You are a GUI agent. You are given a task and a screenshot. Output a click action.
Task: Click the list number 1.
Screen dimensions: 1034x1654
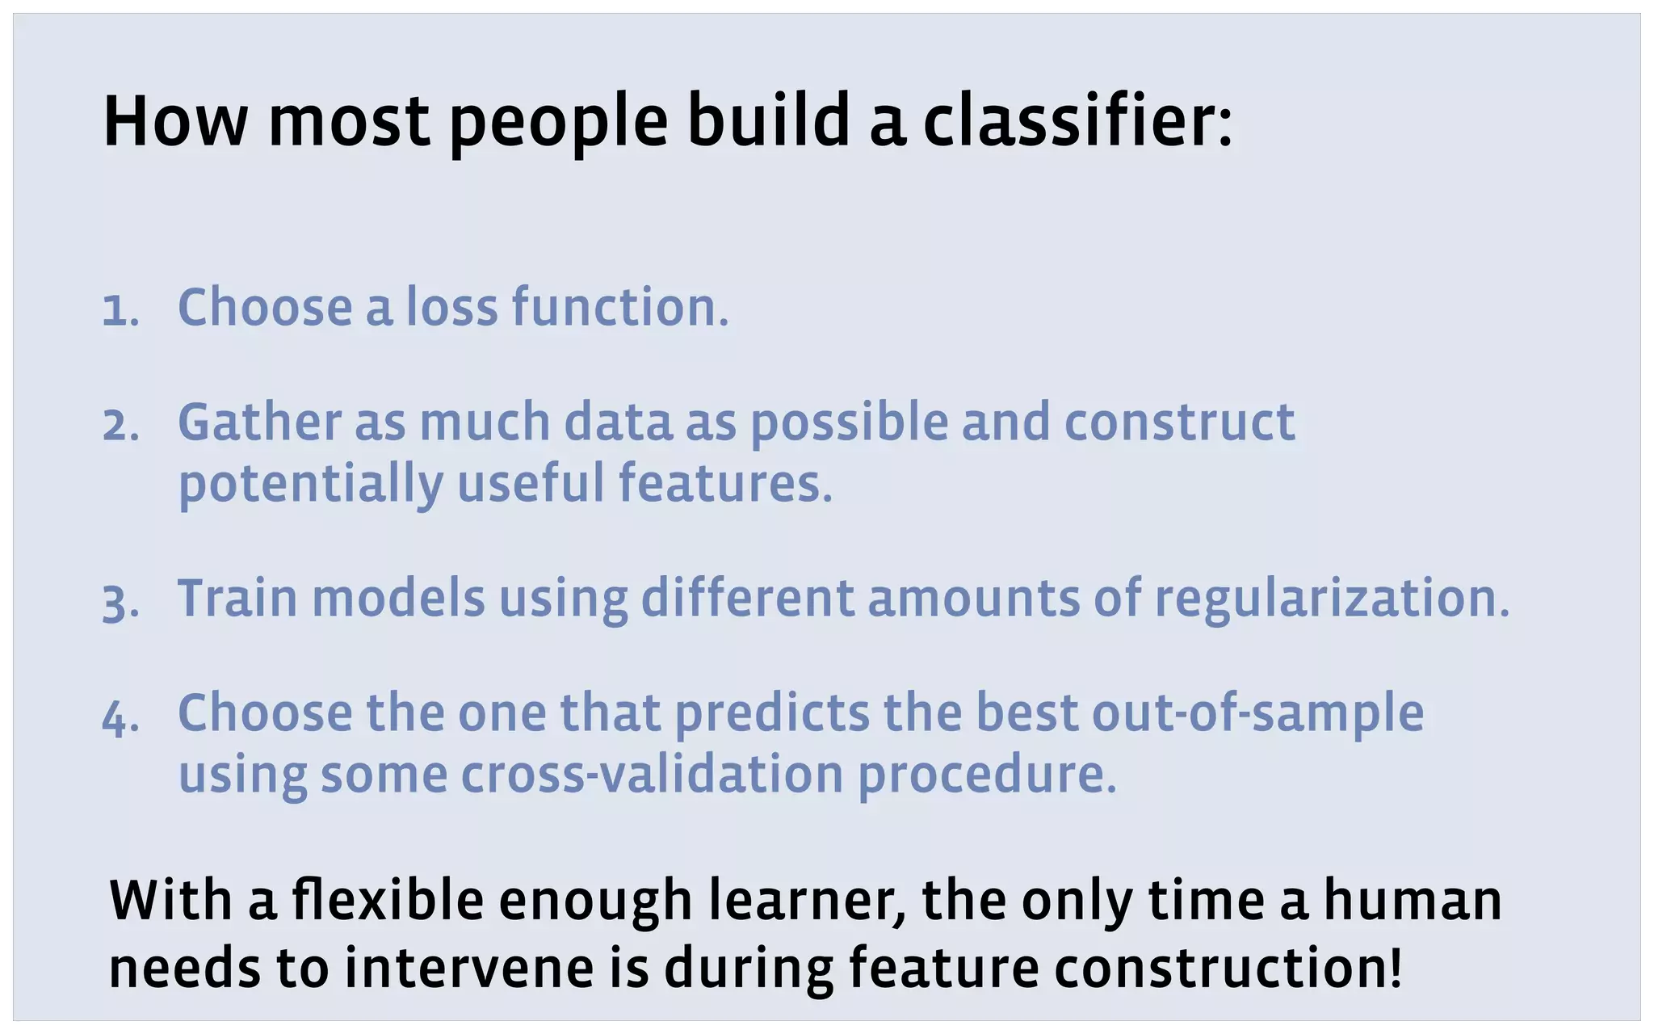pyautogui.click(x=120, y=311)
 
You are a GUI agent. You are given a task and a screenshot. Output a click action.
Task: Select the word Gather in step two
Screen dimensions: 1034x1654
pyautogui.click(x=259, y=422)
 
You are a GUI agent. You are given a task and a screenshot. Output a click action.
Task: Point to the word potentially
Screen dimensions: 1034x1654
pyautogui.click(x=310, y=485)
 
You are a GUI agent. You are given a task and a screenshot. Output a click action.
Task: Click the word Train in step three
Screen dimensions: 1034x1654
pyautogui.click(x=237, y=599)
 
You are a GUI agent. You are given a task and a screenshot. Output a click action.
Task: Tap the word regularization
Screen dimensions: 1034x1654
pyautogui.click(x=1331, y=600)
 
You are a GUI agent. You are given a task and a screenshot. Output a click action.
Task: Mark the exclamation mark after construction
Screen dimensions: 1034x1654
pyautogui.click(x=1394, y=968)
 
